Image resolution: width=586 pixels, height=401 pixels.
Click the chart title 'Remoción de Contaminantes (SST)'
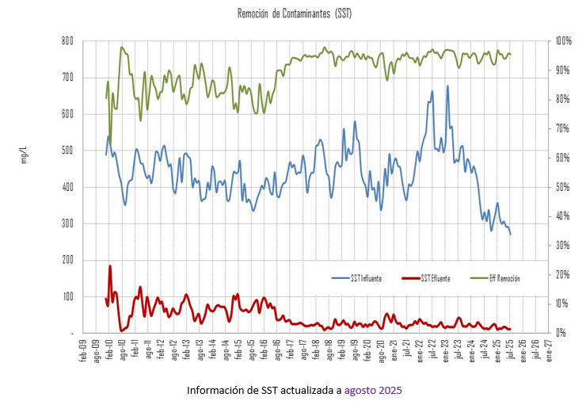pos(294,14)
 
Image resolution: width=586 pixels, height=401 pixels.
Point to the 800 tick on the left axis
pos(67,41)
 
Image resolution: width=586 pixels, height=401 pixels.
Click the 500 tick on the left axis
pos(67,151)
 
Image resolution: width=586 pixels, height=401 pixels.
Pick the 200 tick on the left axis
pos(67,260)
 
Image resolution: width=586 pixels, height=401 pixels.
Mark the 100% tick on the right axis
pos(564,41)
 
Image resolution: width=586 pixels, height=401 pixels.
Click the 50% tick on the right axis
pos(564,187)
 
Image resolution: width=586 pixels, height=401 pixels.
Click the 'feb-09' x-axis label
pos(83,352)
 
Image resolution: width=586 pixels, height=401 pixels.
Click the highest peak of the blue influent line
pos(447,86)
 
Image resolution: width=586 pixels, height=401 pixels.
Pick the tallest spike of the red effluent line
pos(110,265)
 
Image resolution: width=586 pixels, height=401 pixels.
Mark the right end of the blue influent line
pos(511,235)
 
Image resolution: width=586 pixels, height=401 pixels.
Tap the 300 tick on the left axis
pos(67,223)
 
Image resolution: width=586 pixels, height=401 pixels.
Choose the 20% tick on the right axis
pos(564,274)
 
